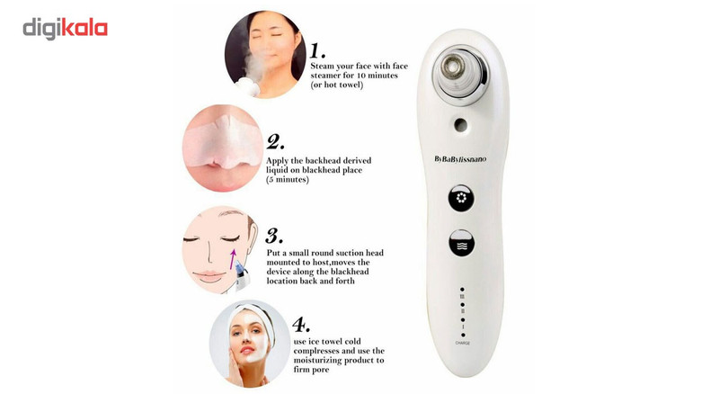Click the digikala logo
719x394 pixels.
65,29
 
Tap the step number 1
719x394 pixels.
317,50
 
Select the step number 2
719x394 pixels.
275,142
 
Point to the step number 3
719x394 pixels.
274,236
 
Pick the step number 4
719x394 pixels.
301,325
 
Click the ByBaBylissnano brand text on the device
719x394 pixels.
460,159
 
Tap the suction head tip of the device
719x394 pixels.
453,67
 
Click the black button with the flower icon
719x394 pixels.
461,199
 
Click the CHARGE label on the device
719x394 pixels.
462,343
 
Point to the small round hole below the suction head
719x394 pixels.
461,124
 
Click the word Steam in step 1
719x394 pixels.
323,67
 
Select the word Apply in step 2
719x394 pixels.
278,161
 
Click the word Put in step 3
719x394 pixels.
273,253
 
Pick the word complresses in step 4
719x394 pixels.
317,352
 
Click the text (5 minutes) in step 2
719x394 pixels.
288,180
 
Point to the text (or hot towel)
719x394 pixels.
336,85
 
